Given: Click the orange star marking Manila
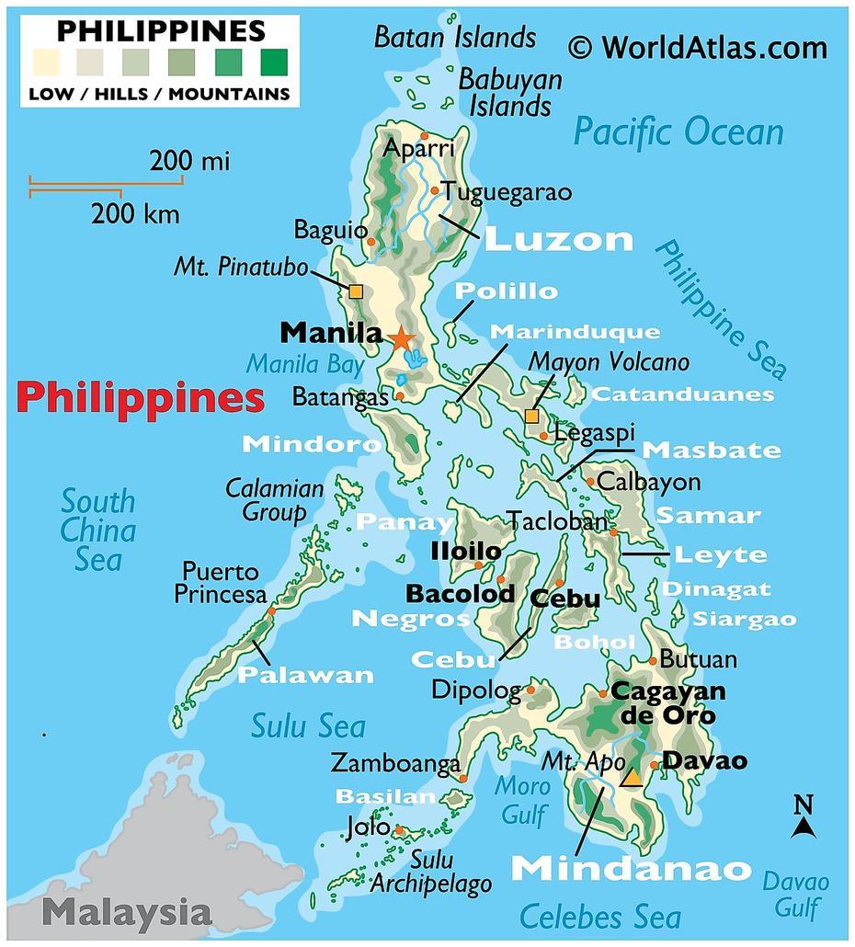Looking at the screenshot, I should pyautogui.click(x=402, y=338).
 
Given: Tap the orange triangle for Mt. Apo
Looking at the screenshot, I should pyautogui.click(x=631, y=778).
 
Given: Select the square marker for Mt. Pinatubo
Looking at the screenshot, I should pyautogui.click(x=356, y=291).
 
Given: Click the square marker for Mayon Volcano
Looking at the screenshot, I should pyautogui.click(x=531, y=416).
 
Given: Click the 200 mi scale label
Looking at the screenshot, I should pyautogui.click(x=189, y=162).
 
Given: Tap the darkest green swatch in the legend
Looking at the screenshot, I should pyautogui.click(x=273, y=63).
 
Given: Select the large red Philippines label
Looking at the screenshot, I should pyautogui.click(x=141, y=398).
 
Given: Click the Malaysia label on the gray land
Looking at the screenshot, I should pyautogui.click(x=127, y=913).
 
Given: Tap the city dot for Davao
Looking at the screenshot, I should pyautogui.click(x=654, y=764).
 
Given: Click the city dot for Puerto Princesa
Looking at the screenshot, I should pyautogui.click(x=271, y=610).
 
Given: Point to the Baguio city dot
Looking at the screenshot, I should pyautogui.click(x=371, y=242).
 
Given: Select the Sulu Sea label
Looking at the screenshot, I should pyautogui.click(x=308, y=726).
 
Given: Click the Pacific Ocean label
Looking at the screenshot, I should pyautogui.click(x=678, y=131).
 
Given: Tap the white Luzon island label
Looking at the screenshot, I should pyautogui.click(x=559, y=240).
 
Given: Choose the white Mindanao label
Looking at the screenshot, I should pyautogui.click(x=631, y=868).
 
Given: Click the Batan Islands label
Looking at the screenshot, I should pyautogui.click(x=455, y=37).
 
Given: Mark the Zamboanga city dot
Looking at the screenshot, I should pyautogui.click(x=463, y=778).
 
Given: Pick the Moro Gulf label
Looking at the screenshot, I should pyautogui.click(x=522, y=800).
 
